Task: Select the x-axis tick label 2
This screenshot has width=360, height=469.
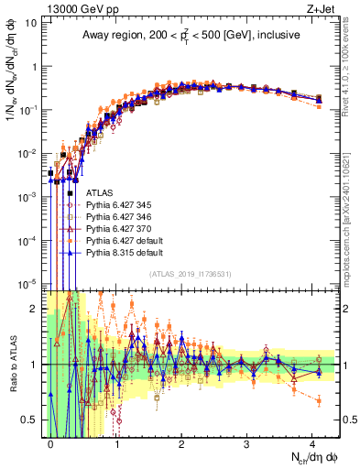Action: coord(181,442)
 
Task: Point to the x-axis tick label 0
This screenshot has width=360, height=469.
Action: coord(51,442)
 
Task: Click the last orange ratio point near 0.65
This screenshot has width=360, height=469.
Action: coord(318,400)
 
